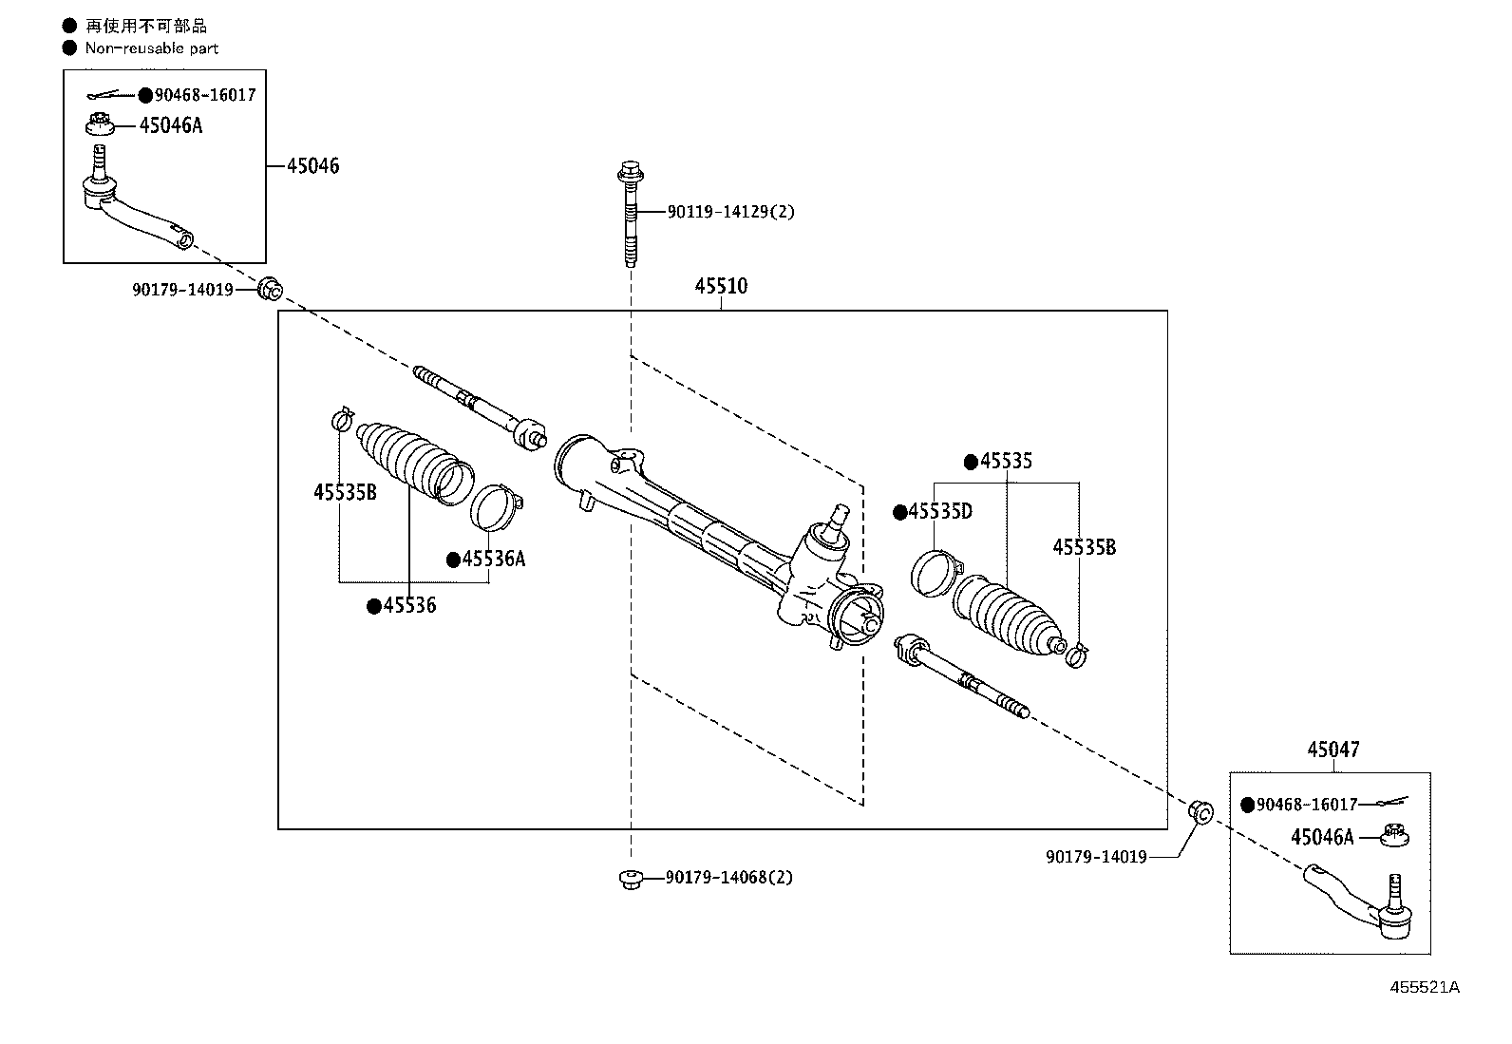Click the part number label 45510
tap(721, 286)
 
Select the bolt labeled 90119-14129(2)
tap(631, 215)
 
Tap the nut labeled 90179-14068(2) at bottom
tap(628, 879)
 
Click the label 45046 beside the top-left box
tap(313, 166)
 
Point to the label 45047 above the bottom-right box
tap(1332, 750)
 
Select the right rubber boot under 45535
tap(1008, 617)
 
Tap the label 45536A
tap(493, 559)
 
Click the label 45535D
tap(940, 512)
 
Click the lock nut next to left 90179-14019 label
tap(270, 288)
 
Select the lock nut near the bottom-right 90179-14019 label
tap(1200, 812)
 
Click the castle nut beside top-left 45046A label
tap(100, 125)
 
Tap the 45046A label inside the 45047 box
tap(1322, 837)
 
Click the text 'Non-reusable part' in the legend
tap(152, 47)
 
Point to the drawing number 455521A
tap(1425, 987)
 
